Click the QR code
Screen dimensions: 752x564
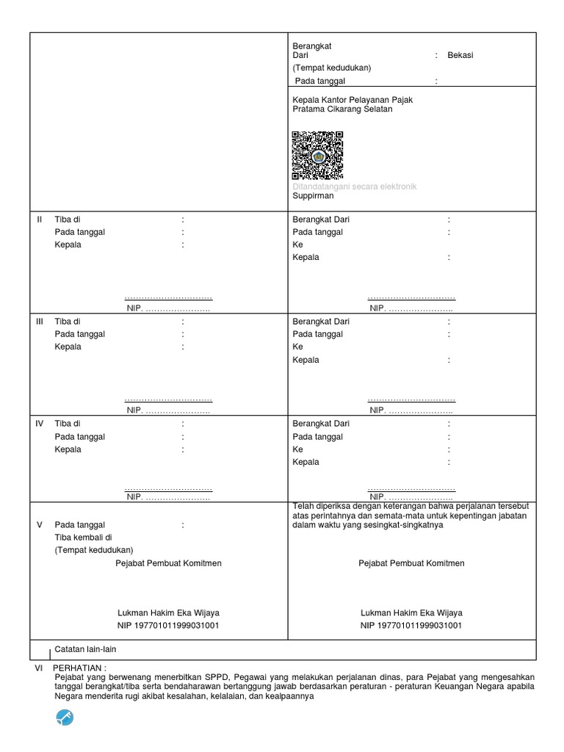(x=317, y=156)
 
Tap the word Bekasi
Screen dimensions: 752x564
(x=460, y=56)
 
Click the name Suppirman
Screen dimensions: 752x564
(x=313, y=196)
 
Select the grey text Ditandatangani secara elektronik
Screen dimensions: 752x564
(x=354, y=187)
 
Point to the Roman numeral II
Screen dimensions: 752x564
(x=40, y=220)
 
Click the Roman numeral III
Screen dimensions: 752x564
(x=40, y=322)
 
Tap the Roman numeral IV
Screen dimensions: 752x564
(x=40, y=424)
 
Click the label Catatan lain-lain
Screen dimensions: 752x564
(x=85, y=649)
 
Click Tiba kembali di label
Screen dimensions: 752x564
(x=85, y=538)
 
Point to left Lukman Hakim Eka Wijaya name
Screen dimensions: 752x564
(x=168, y=612)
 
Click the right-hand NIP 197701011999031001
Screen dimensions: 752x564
(x=411, y=625)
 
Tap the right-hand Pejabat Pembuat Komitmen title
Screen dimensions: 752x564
(x=411, y=563)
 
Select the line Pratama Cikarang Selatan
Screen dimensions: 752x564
(x=342, y=109)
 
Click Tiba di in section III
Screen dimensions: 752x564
(x=68, y=322)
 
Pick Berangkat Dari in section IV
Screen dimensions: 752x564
(x=321, y=424)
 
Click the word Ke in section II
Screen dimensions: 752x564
(x=297, y=245)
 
